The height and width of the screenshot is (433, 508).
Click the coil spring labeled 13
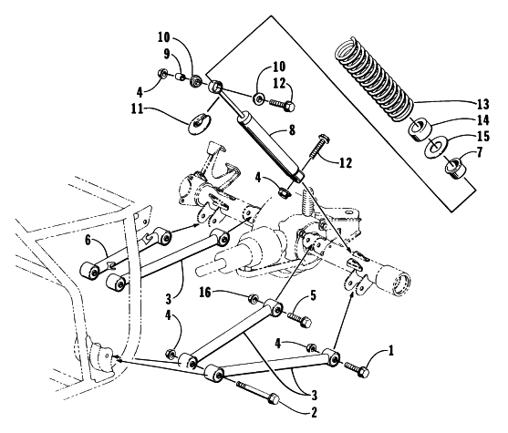[x=373, y=79]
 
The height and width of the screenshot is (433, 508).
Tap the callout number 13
[x=482, y=104]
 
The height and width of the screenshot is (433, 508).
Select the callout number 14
[x=482, y=120]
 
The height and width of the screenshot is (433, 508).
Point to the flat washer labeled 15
[x=436, y=147]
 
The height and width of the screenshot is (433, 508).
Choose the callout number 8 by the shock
[x=292, y=130]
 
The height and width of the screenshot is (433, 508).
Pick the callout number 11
[x=137, y=108]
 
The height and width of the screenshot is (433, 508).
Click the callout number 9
[x=167, y=54]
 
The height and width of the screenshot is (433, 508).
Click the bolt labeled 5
[x=299, y=319]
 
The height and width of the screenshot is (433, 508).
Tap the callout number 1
[x=391, y=350]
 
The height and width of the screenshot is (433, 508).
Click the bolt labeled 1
[x=357, y=369]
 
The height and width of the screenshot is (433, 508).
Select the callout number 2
[x=313, y=413]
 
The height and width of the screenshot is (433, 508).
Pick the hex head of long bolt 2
[x=274, y=398]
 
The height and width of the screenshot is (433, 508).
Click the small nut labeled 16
[x=253, y=299]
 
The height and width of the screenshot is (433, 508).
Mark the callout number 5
[x=313, y=296]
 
